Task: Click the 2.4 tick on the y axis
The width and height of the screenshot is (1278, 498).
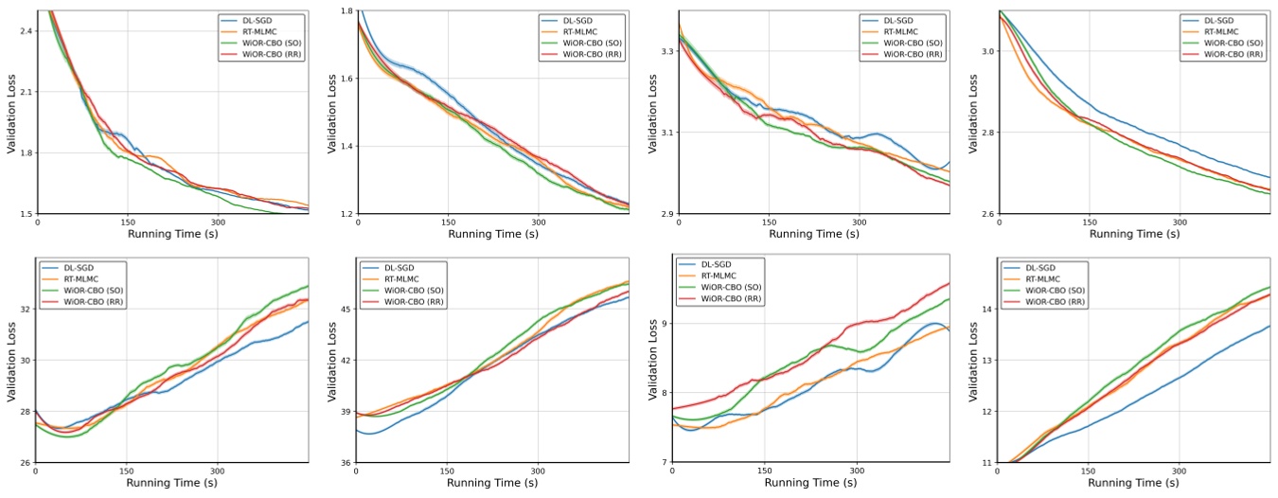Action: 26,31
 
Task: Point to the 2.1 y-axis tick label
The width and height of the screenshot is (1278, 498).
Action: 26,92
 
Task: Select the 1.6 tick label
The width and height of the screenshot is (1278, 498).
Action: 346,79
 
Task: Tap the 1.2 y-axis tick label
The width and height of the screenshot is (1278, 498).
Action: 346,214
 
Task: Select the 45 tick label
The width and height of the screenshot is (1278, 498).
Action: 345,309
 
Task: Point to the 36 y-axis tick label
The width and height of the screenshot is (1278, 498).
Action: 345,463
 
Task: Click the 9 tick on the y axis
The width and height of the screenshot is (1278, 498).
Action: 663,324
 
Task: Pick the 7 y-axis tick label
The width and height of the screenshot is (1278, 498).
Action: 663,463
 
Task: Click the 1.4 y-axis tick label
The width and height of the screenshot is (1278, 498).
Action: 346,147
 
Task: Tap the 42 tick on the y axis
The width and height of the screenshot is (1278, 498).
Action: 345,361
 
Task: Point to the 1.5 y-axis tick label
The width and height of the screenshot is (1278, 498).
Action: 26,214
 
